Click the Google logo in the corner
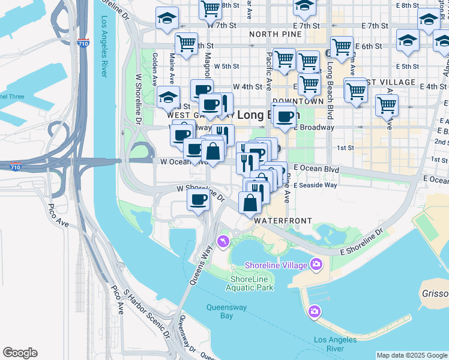pos(20,353)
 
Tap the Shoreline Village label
pos(276,265)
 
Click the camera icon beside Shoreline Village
pos(316,264)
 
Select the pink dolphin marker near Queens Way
pos(223,241)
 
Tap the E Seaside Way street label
pos(315,185)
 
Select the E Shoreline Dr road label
pos(362,242)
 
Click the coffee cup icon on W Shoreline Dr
pos(198,200)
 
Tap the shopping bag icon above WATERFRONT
pos(250,203)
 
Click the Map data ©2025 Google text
pos(412,355)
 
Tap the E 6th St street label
pos(369,46)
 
